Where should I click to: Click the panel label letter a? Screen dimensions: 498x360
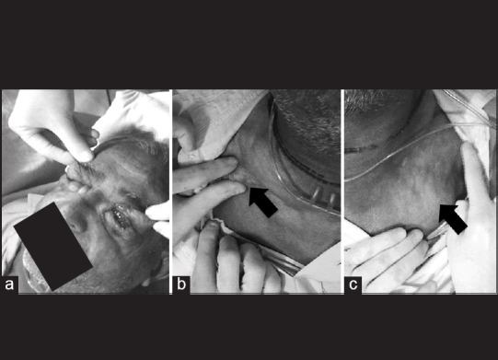[9, 284]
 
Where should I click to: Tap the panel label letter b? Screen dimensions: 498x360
[181, 284]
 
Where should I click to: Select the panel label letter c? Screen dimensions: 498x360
[353, 285]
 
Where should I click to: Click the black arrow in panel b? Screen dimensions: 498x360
[262, 202]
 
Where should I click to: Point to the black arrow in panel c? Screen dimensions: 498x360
[452, 218]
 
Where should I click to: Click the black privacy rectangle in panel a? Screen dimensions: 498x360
[53, 246]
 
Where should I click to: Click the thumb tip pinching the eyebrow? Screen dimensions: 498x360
[84, 156]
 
